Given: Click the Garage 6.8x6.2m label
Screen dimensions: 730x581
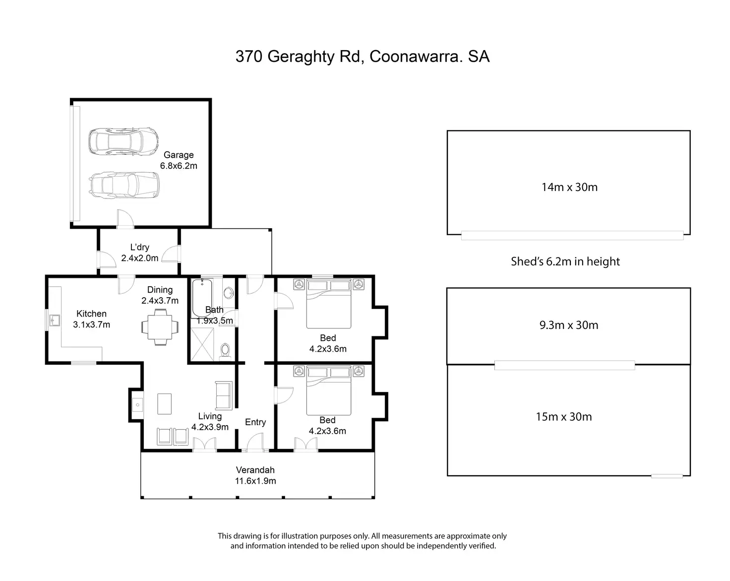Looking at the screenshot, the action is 179,160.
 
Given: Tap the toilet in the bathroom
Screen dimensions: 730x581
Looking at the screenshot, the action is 225,351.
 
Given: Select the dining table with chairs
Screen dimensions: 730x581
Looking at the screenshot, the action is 160,327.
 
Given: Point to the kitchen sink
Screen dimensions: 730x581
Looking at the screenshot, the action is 55,320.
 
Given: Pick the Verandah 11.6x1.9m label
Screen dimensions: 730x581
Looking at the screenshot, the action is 255,475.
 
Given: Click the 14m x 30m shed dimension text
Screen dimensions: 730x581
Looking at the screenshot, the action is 569,187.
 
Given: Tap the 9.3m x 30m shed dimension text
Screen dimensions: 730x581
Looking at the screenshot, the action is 569,325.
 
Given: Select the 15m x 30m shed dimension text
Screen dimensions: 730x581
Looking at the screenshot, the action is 564,417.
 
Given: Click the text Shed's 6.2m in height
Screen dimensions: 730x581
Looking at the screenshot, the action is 565,261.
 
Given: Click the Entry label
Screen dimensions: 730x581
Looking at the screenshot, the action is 255,422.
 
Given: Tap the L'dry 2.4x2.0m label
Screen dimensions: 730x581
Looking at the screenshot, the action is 140,253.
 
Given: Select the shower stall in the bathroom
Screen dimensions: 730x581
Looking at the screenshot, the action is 202,344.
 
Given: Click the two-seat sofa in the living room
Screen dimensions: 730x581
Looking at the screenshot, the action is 224,396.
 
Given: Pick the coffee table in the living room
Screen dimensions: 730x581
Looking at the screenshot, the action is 165,404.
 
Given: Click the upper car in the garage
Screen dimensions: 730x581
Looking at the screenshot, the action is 123,141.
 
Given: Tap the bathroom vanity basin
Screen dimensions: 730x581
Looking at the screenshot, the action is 229,293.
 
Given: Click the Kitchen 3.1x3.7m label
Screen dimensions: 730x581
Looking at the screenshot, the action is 92,319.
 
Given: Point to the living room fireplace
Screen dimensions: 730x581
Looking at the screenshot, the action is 137,405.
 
